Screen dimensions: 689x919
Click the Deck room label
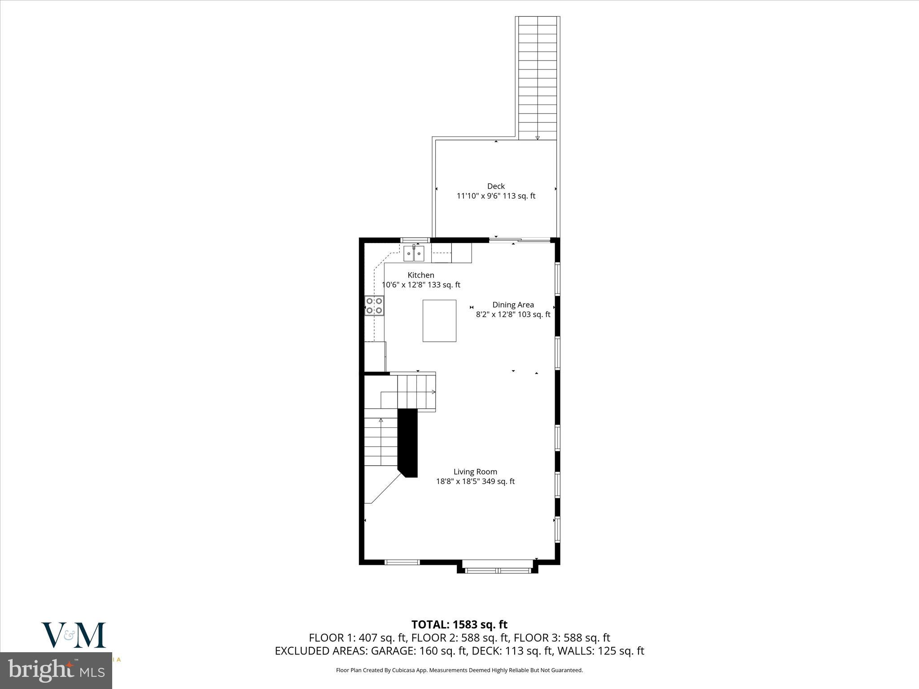click(x=496, y=186)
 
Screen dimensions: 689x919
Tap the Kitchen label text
click(x=420, y=275)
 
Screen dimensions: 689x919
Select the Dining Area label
click(x=513, y=305)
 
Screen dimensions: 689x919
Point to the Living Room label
click(x=475, y=471)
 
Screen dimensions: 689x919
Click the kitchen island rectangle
click(x=439, y=321)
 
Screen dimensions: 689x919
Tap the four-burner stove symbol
click(x=374, y=305)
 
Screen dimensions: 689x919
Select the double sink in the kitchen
click(x=414, y=253)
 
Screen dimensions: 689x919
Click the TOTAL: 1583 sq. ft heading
click(x=459, y=624)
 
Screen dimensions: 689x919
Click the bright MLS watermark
click(x=56, y=671)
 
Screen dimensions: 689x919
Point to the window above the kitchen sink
click(x=415, y=240)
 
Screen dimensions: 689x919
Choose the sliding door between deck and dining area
click(x=520, y=240)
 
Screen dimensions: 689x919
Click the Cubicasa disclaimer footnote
click(x=459, y=670)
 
